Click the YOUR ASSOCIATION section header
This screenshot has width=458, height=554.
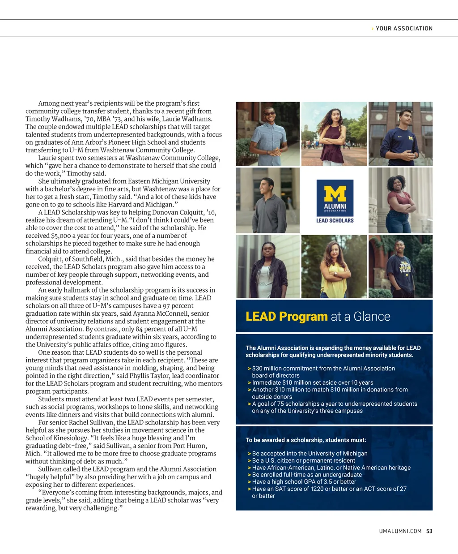pos(404,28)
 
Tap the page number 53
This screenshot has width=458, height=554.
pos(429,531)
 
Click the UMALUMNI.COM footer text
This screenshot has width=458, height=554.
pos(400,531)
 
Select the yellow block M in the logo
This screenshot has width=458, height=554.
pos(335,193)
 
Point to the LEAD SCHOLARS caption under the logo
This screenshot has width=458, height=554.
pos(335,220)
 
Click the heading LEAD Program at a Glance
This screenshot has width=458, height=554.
pos(318,317)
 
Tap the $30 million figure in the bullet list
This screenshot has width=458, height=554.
pos(267,369)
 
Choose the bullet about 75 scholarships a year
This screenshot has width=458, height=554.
pos(334,407)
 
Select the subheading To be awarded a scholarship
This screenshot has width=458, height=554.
pos(305,440)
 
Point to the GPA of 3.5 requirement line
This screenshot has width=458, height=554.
pos(304,481)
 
